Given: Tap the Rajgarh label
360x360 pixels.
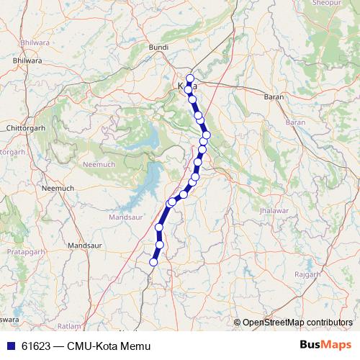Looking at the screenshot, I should [x=307, y=275].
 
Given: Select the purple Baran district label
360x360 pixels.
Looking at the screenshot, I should [x=296, y=122].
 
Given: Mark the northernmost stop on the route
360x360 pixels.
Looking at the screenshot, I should [x=190, y=78].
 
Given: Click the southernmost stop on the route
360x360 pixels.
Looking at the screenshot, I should [x=153, y=262].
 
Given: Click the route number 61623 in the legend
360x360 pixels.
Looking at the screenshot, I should [x=35, y=346].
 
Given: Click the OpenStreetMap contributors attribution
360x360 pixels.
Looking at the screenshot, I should [x=297, y=322].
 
